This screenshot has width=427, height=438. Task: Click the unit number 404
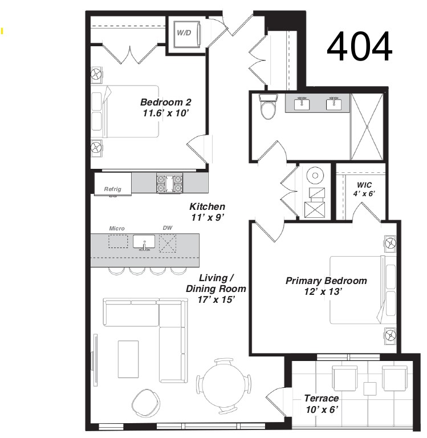click(x=360, y=46)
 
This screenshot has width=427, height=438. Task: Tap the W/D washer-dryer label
click(x=184, y=33)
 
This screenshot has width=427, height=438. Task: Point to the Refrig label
click(x=112, y=189)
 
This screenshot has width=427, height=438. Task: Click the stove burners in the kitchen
click(x=169, y=183)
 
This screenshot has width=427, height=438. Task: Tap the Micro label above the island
click(x=117, y=229)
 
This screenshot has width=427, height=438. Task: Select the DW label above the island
click(x=168, y=228)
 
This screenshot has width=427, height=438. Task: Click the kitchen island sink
click(x=144, y=242)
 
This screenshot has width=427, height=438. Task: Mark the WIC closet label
click(x=364, y=185)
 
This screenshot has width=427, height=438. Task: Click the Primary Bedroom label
click(x=326, y=281)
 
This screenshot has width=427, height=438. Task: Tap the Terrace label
click(x=322, y=398)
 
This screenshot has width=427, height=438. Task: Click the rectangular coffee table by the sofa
click(x=128, y=359)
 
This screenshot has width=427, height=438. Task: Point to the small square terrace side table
click(x=370, y=389)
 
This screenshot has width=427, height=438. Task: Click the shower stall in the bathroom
click(x=367, y=127)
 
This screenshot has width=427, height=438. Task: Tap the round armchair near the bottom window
click(x=146, y=403)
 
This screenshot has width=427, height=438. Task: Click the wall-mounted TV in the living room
click(x=96, y=360)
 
